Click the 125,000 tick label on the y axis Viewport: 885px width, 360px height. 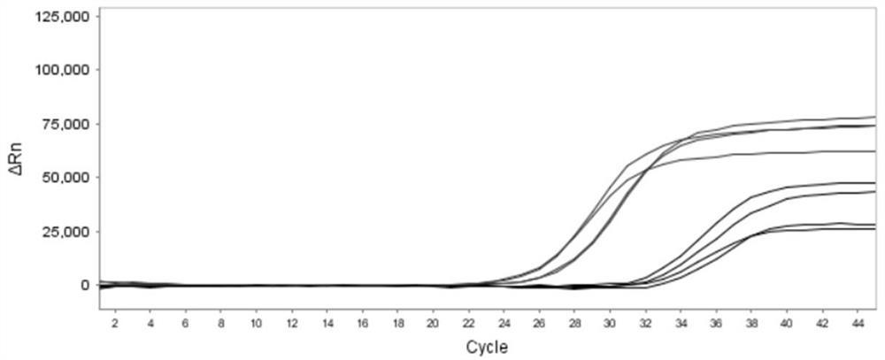[62, 17]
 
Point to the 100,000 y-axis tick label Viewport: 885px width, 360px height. [62, 70]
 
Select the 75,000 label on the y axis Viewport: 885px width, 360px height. [65, 124]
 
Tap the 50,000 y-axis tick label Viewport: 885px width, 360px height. [65, 178]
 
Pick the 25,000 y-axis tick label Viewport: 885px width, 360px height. [65, 232]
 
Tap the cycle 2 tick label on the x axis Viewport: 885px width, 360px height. [115, 324]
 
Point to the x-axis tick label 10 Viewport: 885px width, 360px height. [256, 324]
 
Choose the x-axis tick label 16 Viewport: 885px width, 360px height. [362, 324]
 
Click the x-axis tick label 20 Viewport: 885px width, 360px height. [433, 324]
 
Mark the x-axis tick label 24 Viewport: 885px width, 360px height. [504, 324]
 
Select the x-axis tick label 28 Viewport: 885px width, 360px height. [574, 324]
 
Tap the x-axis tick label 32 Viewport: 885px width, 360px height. [645, 324]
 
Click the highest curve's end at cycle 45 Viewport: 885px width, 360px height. [874, 117]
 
